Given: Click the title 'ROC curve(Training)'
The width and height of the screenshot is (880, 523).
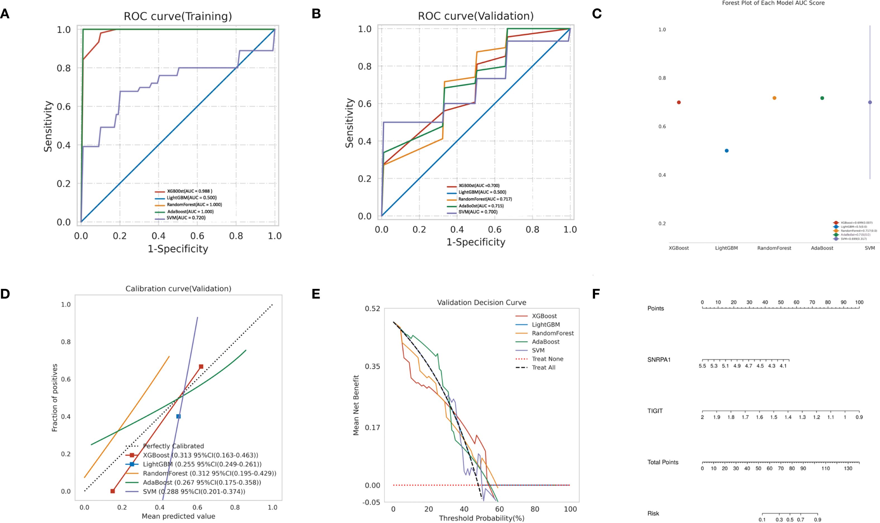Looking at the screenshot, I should tap(178, 16).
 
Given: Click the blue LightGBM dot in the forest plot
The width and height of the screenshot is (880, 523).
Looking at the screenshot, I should tap(726, 151).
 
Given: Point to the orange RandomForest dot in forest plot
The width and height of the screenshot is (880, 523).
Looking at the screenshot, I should tap(774, 98).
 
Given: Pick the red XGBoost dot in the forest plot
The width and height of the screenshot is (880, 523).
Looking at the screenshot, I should tap(679, 102).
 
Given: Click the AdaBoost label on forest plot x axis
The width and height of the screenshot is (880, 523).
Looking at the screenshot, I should tap(822, 248).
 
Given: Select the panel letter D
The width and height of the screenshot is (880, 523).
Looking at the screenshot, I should tap(5, 294).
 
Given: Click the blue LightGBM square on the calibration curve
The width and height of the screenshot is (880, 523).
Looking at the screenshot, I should tap(178, 417).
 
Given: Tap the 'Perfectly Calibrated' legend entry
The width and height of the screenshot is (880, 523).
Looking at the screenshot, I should tap(173, 446).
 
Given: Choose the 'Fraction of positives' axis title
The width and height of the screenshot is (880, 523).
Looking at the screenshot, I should tap(55, 398).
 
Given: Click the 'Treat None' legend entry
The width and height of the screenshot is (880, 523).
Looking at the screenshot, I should tap(547, 359).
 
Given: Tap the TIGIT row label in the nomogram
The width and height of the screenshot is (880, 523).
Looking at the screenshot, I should tap(655, 411).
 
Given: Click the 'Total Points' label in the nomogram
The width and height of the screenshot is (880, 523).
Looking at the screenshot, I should tap(663, 462).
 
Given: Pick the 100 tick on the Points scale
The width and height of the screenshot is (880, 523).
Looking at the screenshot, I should tap(859, 302).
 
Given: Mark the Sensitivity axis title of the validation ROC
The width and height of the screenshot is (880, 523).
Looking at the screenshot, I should tap(349, 123).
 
